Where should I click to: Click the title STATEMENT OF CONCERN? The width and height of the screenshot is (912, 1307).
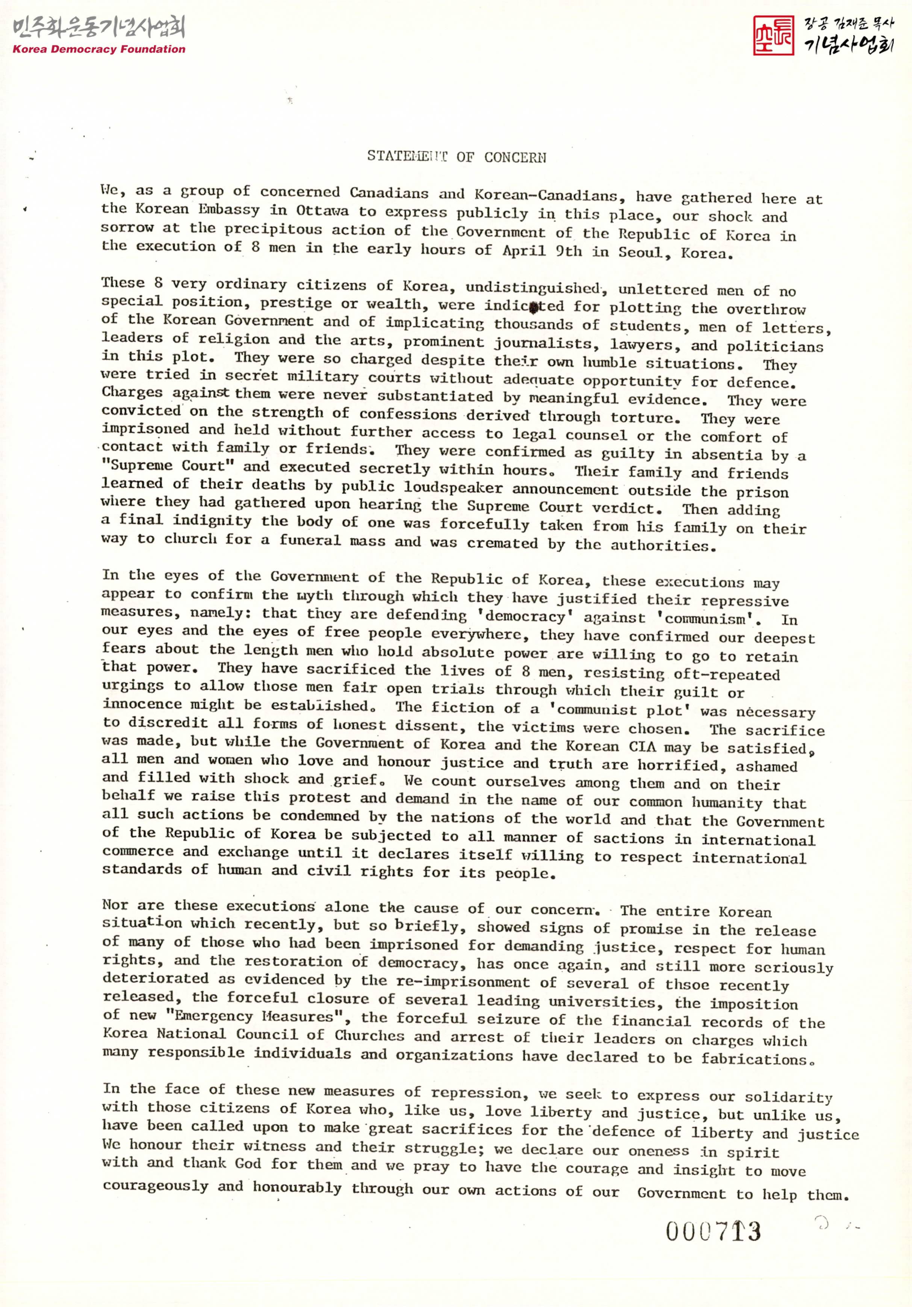(457, 157)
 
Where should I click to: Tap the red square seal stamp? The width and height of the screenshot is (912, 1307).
(773, 35)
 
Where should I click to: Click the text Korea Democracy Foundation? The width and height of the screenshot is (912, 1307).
(99, 50)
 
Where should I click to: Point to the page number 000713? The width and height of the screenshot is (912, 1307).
(713, 1233)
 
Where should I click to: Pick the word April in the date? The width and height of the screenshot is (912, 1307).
(523, 251)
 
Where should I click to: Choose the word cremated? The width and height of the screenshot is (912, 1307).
(502, 543)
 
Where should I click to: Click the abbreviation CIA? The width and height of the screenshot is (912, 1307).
(643, 746)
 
